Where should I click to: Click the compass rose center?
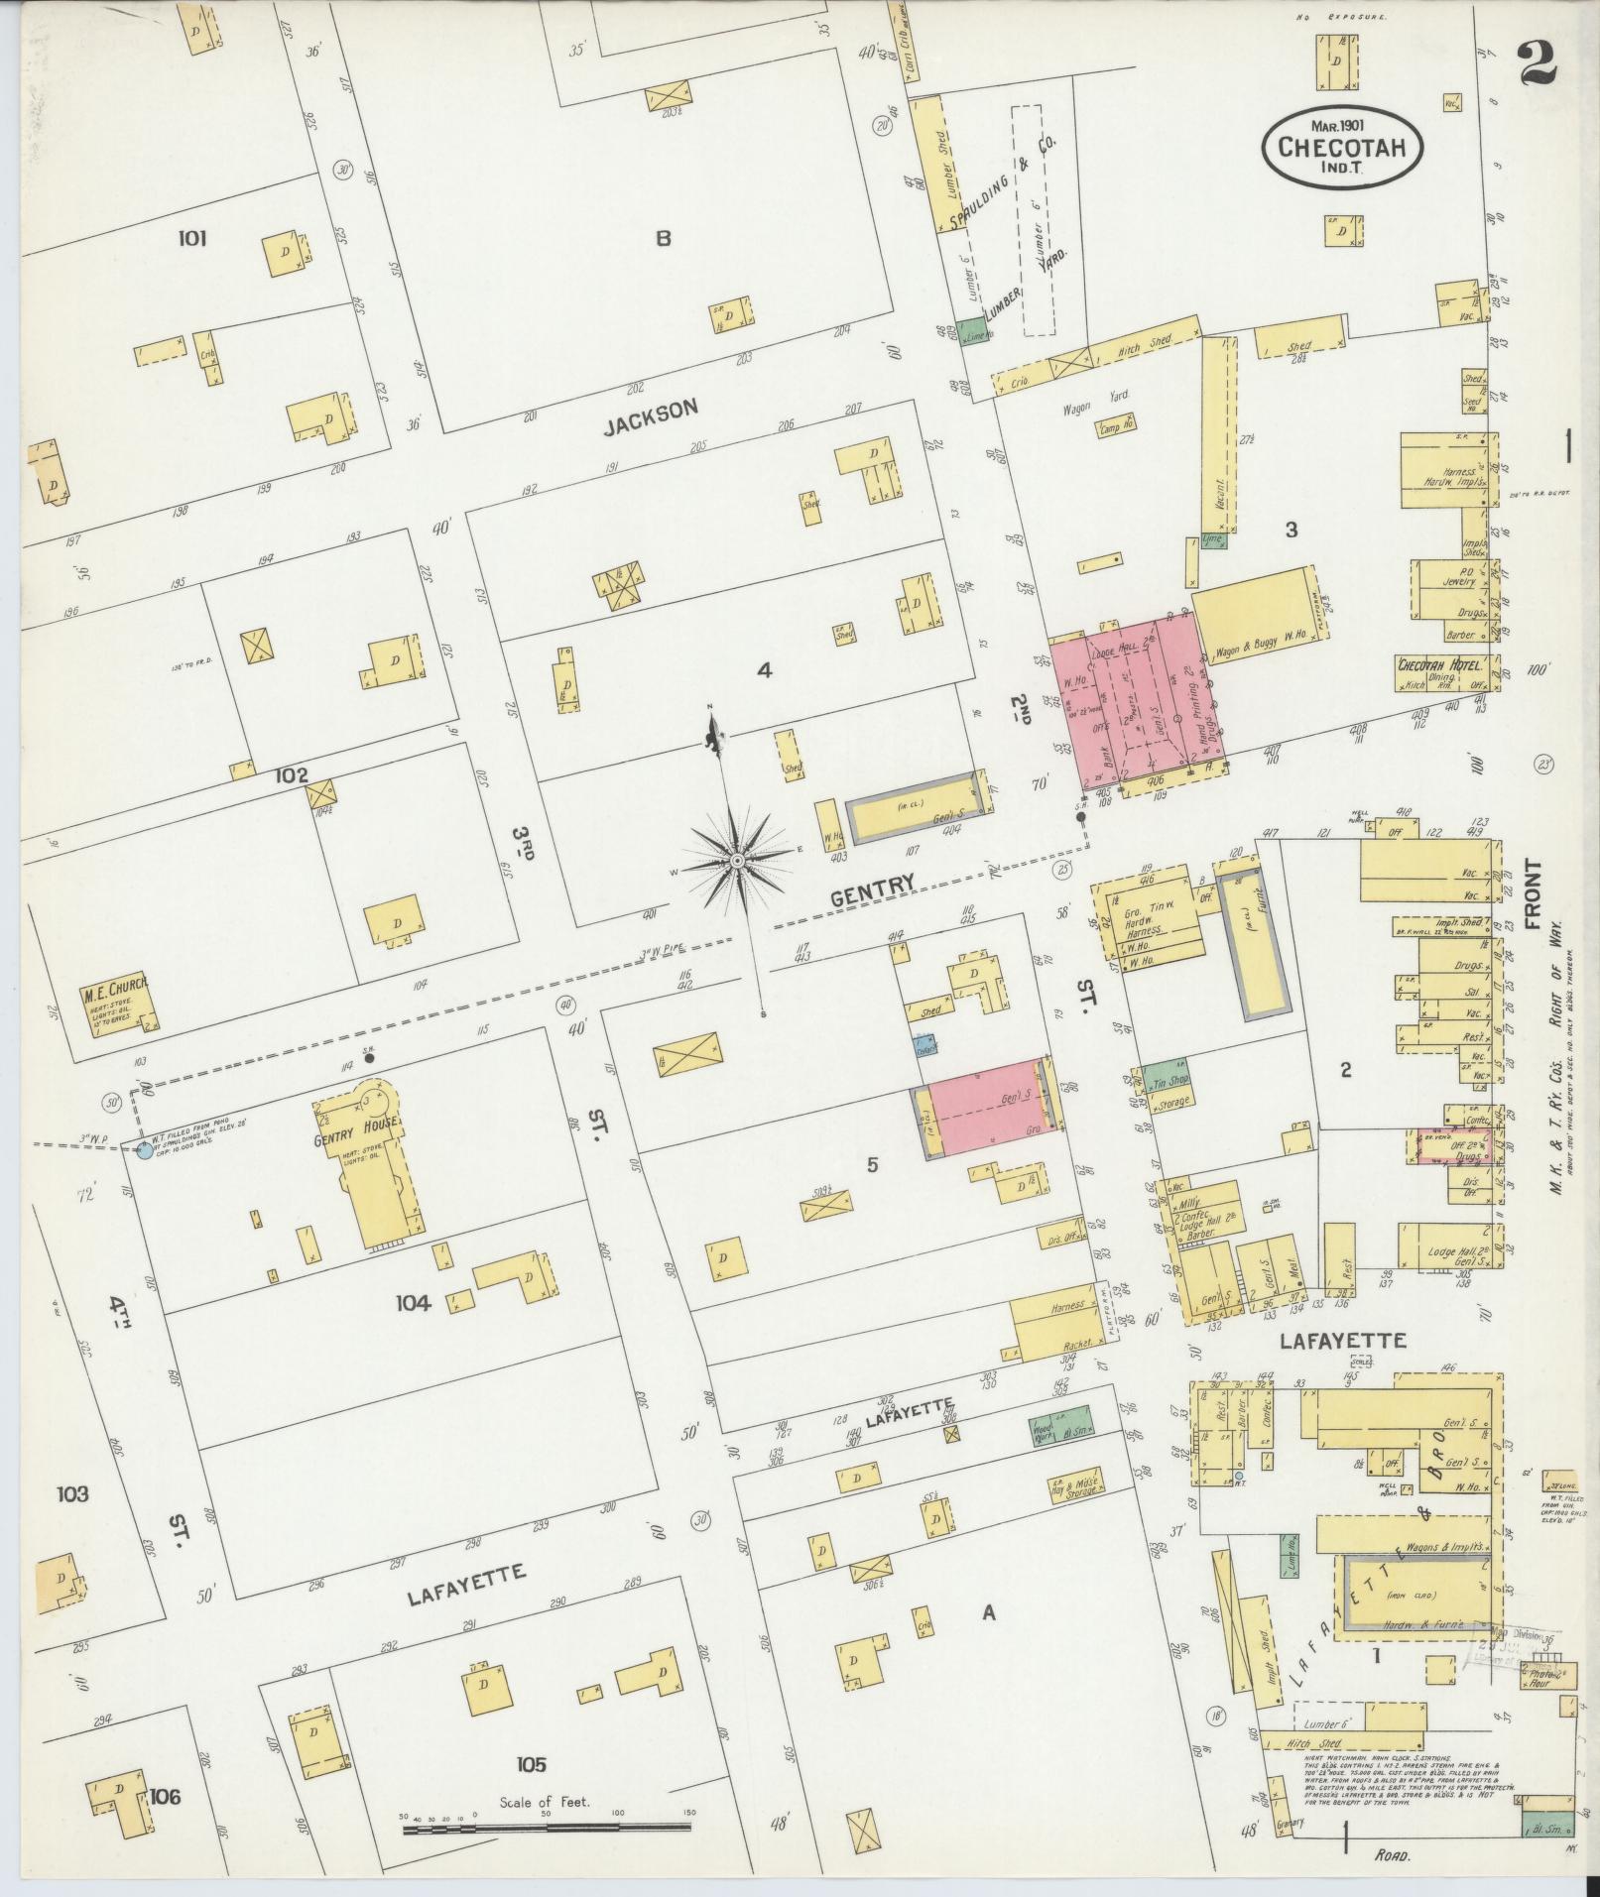coord(738,862)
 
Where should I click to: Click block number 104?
coord(413,1303)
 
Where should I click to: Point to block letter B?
coord(663,238)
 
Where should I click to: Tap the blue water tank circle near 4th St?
coord(145,1151)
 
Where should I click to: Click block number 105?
coord(531,1764)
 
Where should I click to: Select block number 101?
coord(191,238)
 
